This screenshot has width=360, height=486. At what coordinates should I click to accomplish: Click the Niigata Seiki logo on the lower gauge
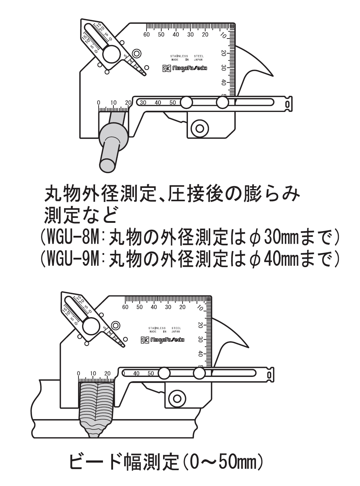163,339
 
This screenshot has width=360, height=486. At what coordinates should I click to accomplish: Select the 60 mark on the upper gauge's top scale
147,35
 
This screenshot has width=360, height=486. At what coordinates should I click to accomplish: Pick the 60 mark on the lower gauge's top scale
125,307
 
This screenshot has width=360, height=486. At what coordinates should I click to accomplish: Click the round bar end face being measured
108,165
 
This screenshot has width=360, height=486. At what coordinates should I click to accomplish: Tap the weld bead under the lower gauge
96,407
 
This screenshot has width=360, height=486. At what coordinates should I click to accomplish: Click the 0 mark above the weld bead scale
78,373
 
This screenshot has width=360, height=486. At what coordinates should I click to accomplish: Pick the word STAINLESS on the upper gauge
179,56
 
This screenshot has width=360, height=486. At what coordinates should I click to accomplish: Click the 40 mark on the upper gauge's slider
158,103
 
